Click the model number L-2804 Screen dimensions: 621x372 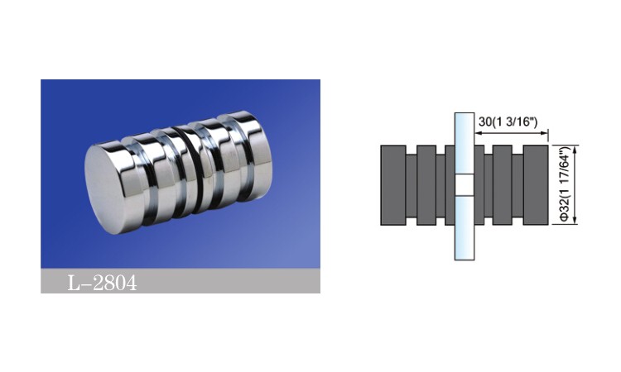click(x=102, y=283)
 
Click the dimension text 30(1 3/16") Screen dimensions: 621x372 click(x=508, y=122)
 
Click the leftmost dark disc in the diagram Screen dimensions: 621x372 click(x=393, y=185)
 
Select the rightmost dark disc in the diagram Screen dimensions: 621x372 click(x=536, y=185)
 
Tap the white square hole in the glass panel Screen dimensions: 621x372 click(x=465, y=185)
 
